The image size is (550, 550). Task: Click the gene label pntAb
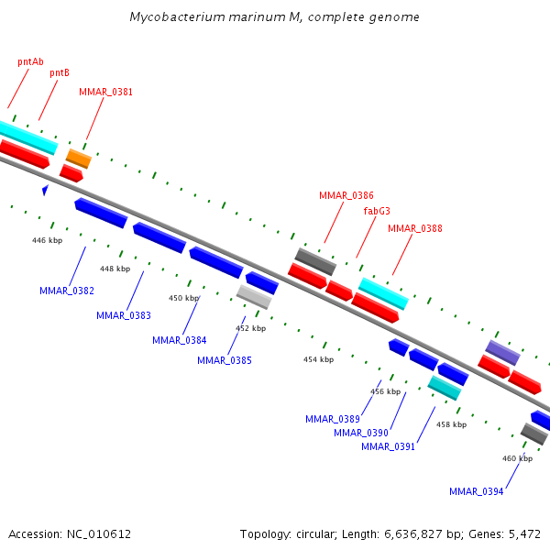(30, 61)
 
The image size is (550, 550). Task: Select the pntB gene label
(60, 72)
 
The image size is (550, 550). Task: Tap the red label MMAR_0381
(105, 92)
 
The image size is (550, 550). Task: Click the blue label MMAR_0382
(67, 291)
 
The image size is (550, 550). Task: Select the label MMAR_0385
(225, 360)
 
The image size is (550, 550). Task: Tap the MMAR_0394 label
(477, 491)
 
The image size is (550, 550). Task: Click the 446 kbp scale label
(47, 240)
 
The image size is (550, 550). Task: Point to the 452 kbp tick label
(250, 328)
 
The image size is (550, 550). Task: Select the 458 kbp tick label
(451, 424)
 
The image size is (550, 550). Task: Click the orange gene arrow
(79, 158)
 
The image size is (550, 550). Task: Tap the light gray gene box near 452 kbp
(254, 296)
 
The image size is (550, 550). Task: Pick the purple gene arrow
(502, 352)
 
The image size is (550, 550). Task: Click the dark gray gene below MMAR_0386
(315, 261)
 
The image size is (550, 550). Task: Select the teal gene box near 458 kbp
(445, 388)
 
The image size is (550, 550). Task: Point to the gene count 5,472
(524, 533)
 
